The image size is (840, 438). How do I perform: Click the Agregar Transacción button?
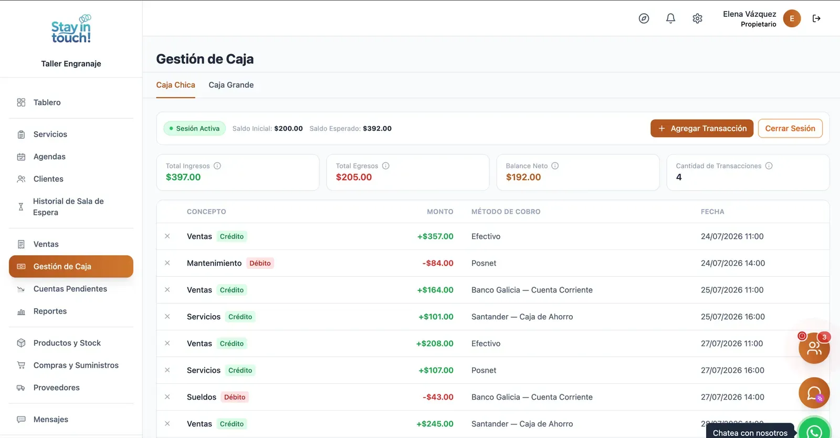pyautogui.click(x=701, y=128)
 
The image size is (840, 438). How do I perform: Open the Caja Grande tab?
pyautogui.click(x=231, y=85)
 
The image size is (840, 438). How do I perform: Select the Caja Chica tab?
pyautogui.click(x=175, y=85)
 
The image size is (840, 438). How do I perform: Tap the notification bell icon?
pyautogui.click(x=670, y=18)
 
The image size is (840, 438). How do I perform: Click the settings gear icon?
pyautogui.click(x=697, y=18)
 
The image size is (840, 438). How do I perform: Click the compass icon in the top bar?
pyautogui.click(x=644, y=18)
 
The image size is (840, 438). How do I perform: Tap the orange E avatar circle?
pyautogui.click(x=792, y=18)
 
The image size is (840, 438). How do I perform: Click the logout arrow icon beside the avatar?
pyautogui.click(x=816, y=18)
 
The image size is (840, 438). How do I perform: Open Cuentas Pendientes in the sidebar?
pyautogui.click(x=70, y=289)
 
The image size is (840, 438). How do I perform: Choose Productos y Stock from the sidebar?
pyautogui.click(x=67, y=343)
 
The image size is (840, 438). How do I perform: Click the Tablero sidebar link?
pyautogui.click(x=47, y=102)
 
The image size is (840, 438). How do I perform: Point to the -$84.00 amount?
pyautogui.click(x=438, y=263)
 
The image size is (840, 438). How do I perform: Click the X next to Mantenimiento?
pyautogui.click(x=167, y=263)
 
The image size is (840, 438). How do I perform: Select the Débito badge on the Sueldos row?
pyautogui.click(x=235, y=397)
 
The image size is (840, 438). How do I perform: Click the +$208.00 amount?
pyautogui.click(x=435, y=343)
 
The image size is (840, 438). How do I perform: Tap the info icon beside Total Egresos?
pyautogui.click(x=385, y=166)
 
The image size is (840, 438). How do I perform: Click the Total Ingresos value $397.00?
pyautogui.click(x=183, y=177)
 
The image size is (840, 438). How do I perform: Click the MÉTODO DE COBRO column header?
pyautogui.click(x=506, y=212)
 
